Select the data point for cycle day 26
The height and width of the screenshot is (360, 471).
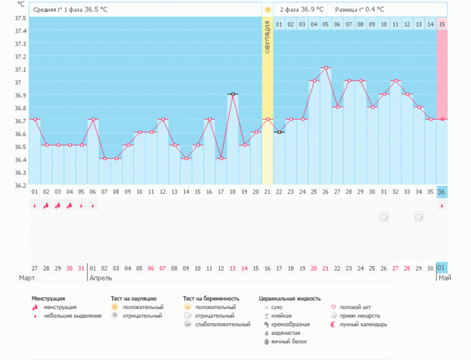(326, 68)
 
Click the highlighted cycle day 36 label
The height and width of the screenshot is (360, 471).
(442, 192)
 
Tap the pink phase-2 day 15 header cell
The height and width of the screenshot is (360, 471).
(442, 24)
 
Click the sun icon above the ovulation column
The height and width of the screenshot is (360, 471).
(267, 10)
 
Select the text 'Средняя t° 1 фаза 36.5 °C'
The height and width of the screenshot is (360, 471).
(70, 10)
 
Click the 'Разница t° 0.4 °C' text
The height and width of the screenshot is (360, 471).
(359, 10)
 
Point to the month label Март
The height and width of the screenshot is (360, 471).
(27, 278)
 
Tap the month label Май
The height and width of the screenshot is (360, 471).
(445, 278)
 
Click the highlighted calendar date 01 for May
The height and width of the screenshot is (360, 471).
(442, 268)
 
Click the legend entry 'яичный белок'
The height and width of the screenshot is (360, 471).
(287, 341)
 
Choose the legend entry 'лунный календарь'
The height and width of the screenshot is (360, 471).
(358, 324)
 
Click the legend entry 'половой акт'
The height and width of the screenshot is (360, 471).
(354, 306)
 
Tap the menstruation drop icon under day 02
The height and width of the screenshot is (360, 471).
(46, 205)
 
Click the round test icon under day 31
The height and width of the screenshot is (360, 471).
(384, 217)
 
